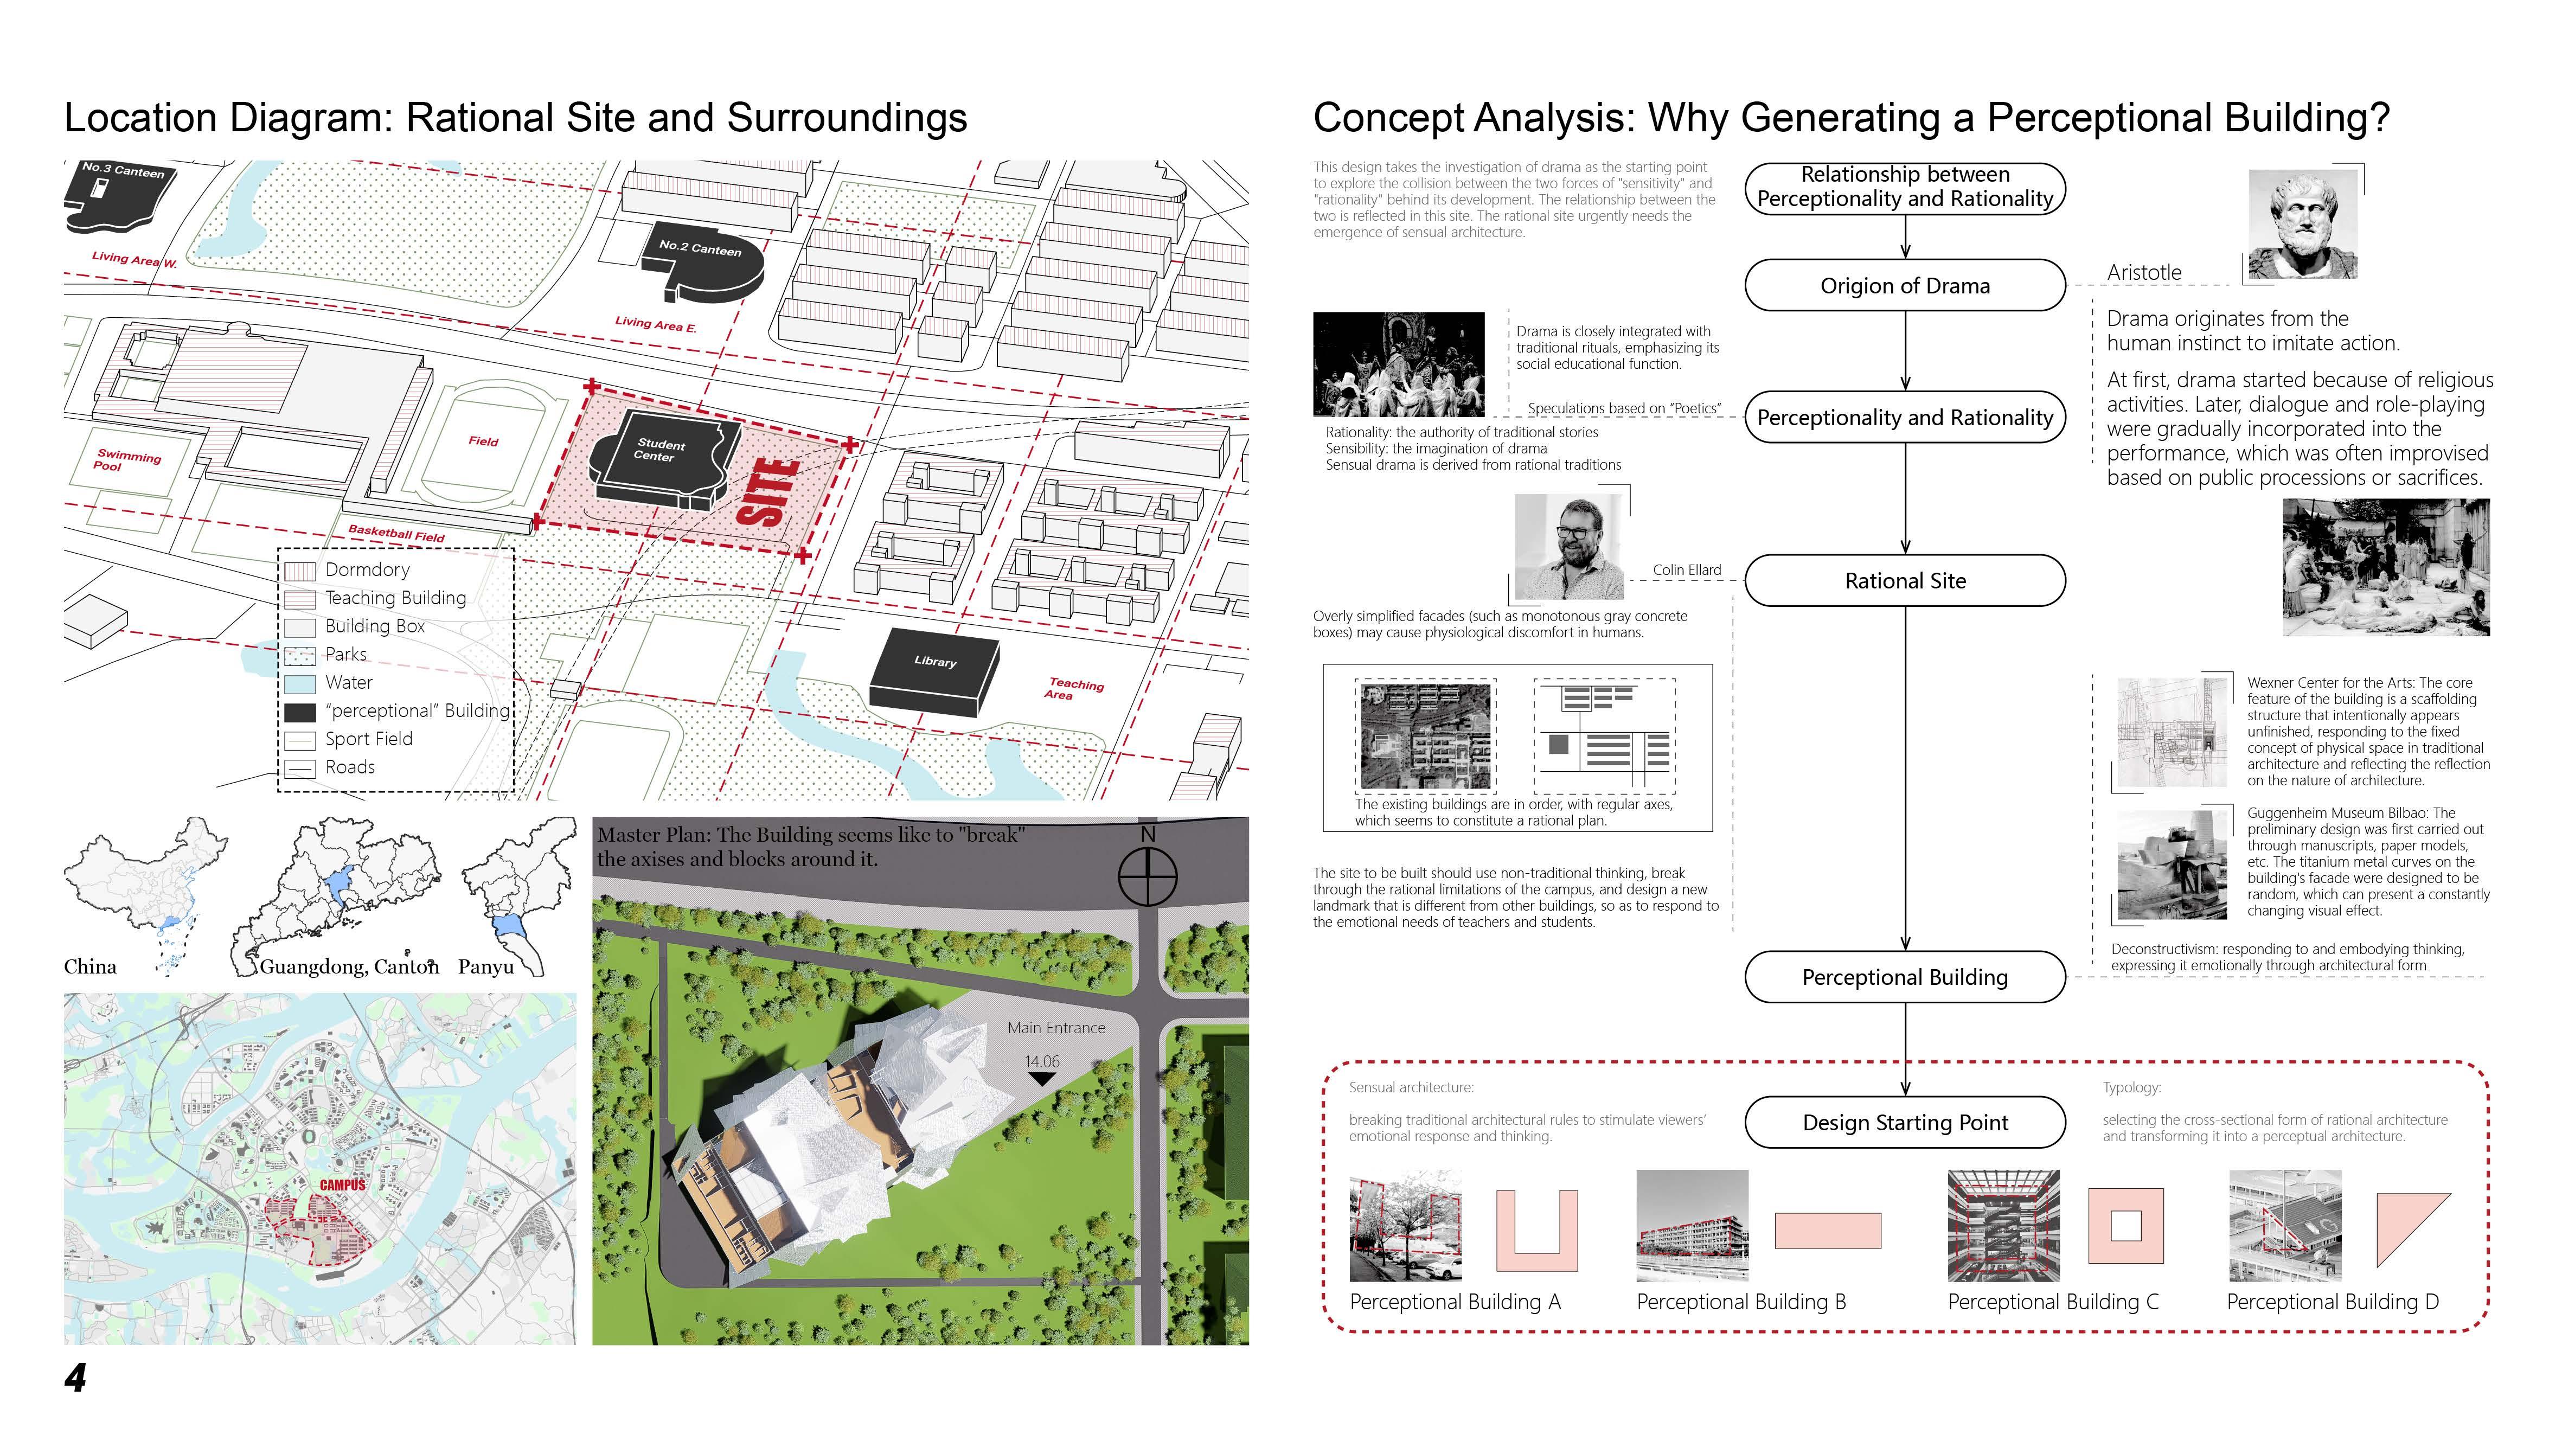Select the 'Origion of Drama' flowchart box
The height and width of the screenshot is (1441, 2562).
coord(1905,285)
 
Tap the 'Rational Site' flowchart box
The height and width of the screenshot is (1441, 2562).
coord(1905,581)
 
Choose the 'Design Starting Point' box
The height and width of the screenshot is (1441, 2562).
coord(1905,1123)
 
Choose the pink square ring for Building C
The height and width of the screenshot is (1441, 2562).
coord(2125,1225)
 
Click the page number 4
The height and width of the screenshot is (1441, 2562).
coord(75,1378)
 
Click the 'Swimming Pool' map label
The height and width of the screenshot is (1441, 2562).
coord(127,460)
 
